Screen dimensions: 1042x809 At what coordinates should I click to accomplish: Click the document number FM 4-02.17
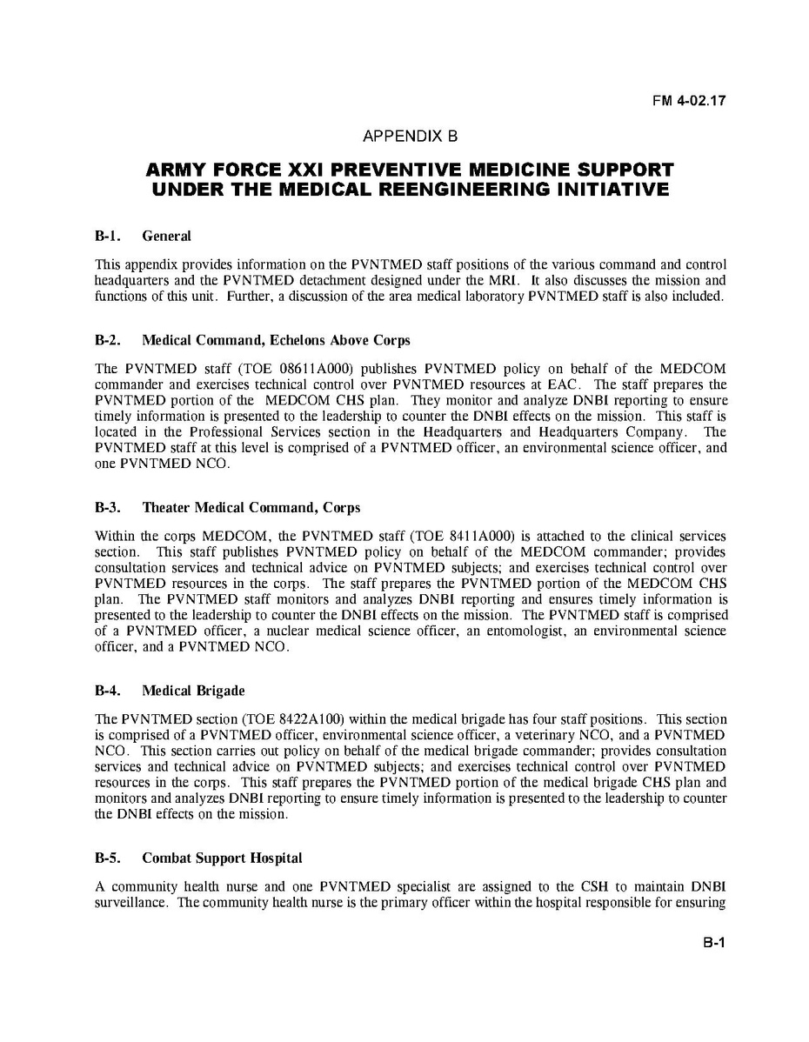pyautogui.click(x=689, y=100)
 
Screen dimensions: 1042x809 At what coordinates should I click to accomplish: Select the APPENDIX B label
pyautogui.click(x=409, y=137)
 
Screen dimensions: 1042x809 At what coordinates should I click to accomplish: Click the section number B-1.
pyautogui.click(x=107, y=236)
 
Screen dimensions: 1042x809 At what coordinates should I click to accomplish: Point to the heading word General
pyautogui.click(x=167, y=236)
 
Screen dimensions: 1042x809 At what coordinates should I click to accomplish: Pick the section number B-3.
pyautogui.click(x=107, y=507)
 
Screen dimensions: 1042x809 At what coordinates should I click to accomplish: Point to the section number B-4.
pyautogui.click(x=107, y=691)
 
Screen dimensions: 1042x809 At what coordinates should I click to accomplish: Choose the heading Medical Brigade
pyautogui.click(x=193, y=691)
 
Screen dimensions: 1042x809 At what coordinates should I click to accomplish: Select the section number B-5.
pyautogui.click(x=107, y=858)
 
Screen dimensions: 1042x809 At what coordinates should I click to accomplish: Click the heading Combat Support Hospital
pyautogui.click(x=222, y=858)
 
